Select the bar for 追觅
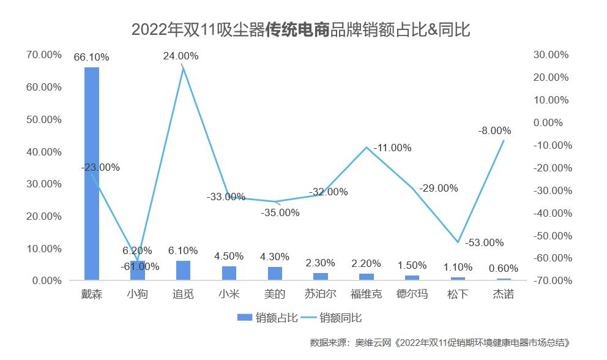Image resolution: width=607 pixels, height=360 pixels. pos(183,271)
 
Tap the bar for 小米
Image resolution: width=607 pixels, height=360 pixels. pos(229,273)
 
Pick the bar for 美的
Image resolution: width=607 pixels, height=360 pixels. pos(275,274)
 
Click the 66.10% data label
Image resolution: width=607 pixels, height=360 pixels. pos(91,58)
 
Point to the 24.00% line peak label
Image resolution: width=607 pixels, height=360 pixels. pos(181,56)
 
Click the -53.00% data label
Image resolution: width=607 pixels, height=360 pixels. pos(484,242)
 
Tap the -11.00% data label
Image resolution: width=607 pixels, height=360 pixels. pos(392,148)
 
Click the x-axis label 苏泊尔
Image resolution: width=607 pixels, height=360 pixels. pos(321,294)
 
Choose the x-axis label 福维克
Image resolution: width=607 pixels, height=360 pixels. pos(367,294)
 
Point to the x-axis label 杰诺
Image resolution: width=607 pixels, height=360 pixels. pos(504,294)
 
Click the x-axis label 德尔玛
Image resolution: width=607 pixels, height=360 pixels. pos(412,294)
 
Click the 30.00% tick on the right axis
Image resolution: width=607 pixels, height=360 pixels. pos(551,54)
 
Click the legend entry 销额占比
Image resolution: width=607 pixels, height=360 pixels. pos(269,317)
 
